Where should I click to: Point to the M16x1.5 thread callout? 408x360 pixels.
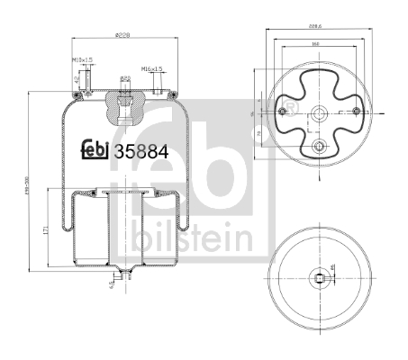[x=150, y=68]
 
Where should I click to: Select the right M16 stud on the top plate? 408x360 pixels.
[x=159, y=86]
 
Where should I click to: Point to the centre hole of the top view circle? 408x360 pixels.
[x=320, y=113]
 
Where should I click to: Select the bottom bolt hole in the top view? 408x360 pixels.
[x=320, y=146]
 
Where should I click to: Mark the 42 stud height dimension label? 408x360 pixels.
[x=77, y=79]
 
